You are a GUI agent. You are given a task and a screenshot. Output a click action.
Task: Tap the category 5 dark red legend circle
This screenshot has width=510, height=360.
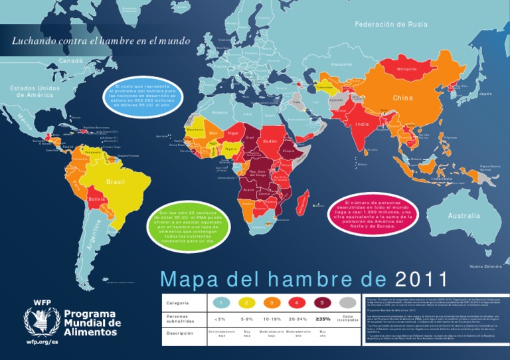322,303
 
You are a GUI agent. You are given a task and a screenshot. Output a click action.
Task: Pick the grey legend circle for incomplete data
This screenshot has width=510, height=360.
347,303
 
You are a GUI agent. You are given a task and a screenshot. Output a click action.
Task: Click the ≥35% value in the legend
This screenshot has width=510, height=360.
322,318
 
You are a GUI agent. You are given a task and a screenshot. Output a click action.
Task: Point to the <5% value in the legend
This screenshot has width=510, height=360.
220,318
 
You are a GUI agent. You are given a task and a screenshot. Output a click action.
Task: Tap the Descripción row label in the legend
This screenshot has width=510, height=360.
180,333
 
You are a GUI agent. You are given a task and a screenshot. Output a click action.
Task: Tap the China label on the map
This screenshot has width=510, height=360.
402,98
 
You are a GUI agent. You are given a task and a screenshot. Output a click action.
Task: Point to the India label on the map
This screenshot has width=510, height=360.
362,124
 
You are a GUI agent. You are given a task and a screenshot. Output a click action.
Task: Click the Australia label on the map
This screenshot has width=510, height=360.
464,216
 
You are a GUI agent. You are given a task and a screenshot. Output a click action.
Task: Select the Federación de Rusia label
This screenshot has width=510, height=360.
390,25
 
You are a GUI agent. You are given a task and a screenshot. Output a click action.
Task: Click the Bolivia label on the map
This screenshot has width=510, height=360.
97,199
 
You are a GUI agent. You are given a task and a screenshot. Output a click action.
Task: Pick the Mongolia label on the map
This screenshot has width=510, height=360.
406,69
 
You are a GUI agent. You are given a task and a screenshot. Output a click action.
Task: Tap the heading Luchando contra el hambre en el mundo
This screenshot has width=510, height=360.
96,41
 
